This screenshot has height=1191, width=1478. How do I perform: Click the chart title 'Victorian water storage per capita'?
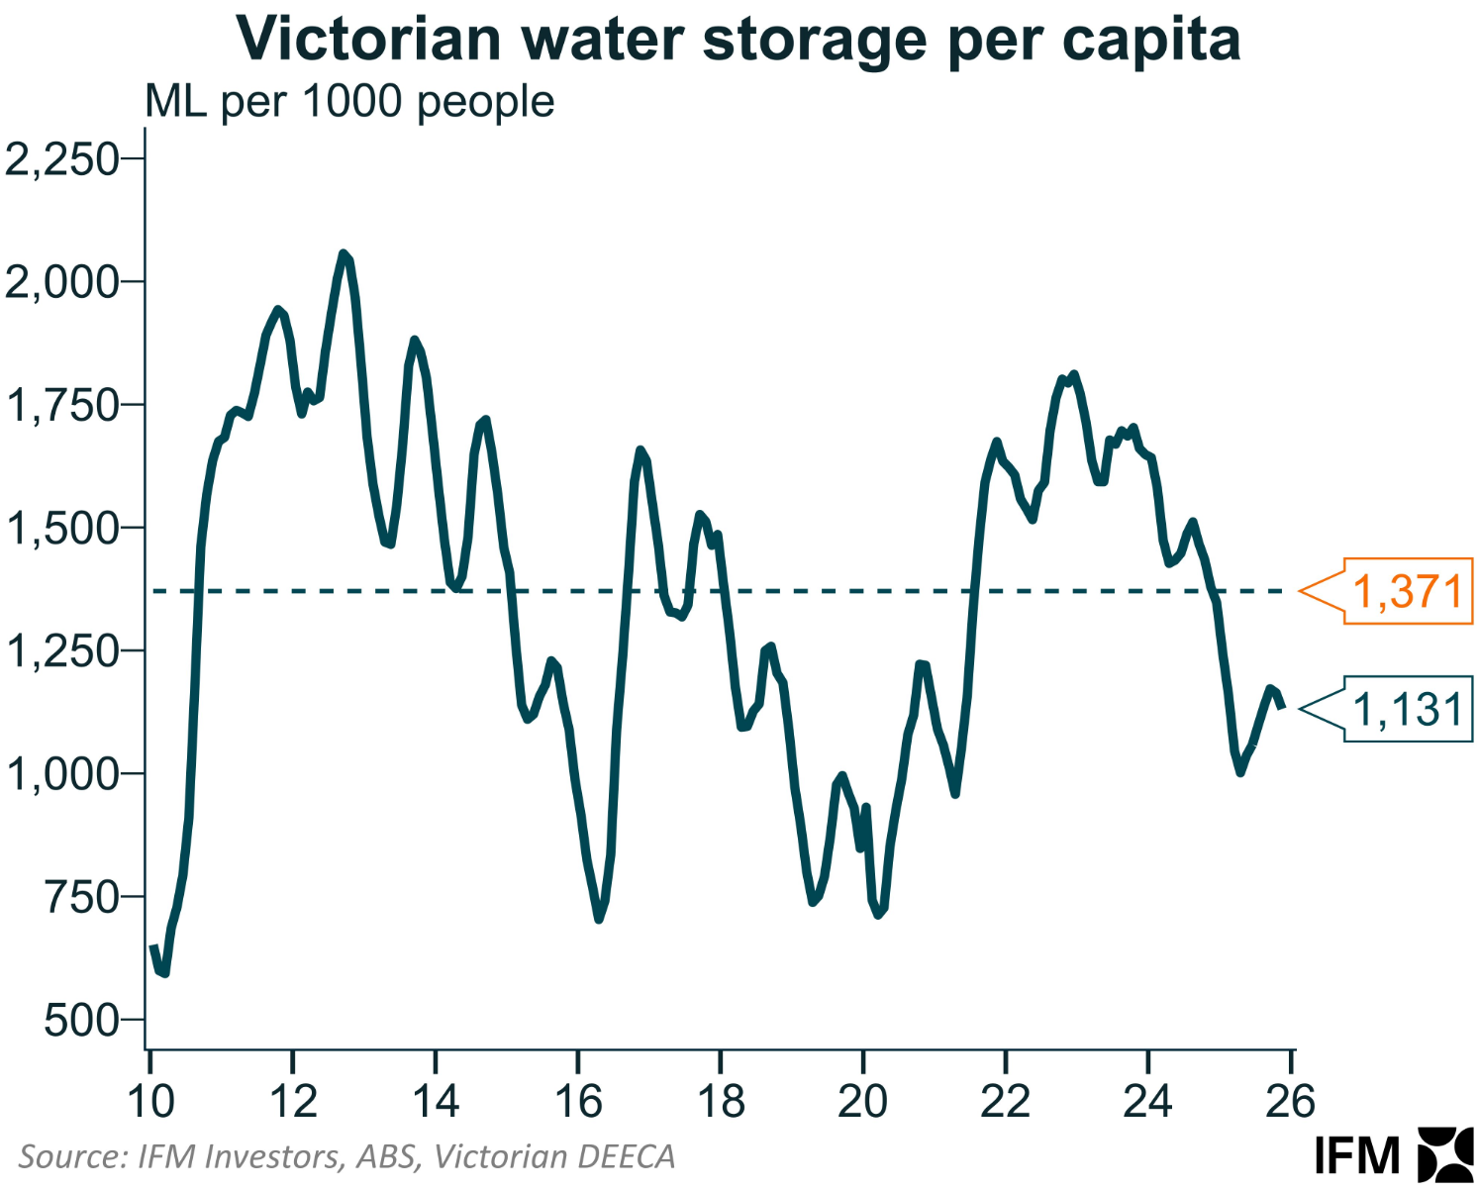pos(739,40)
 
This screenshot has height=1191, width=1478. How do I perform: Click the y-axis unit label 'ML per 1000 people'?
pos(349,102)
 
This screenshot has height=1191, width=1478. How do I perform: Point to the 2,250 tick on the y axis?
pos(61,158)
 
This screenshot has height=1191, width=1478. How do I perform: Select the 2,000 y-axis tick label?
pos(61,282)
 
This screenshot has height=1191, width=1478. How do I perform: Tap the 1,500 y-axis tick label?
pos(61,529)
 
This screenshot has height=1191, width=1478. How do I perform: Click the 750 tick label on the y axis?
pos(81,898)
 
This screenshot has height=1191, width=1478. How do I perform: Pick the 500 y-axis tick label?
pos(81,1021)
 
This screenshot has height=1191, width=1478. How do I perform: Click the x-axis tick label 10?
pos(150,1101)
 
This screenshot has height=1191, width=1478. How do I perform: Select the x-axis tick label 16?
pos(578,1101)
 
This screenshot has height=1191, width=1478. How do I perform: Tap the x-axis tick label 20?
pos(862,1101)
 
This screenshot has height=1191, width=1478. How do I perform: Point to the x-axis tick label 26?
pos(1290,1101)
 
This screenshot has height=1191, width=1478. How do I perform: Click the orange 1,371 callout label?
pos(1407,592)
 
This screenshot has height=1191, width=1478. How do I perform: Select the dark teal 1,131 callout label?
pos(1407,710)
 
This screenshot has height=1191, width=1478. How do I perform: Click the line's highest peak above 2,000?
pos(344,254)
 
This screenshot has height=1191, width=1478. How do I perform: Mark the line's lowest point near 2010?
pos(164,973)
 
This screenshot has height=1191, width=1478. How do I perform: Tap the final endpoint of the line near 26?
pos(1282,706)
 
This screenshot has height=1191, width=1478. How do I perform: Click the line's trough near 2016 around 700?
pos(599,919)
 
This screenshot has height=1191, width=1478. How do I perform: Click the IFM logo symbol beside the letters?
pos(1446,1154)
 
